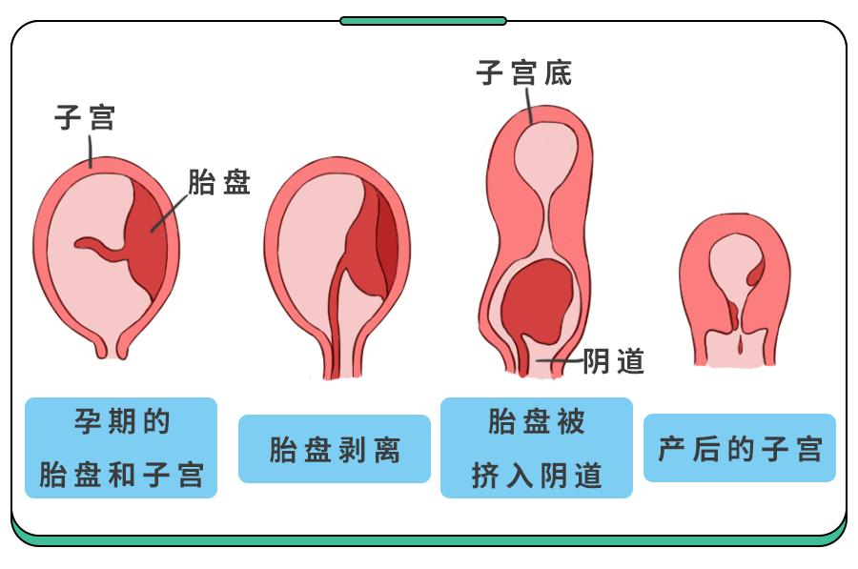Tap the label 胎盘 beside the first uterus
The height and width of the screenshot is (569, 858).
pyautogui.click(x=219, y=183)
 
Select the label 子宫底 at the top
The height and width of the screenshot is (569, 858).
pyautogui.click(x=523, y=73)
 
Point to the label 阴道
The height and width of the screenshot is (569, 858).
pyautogui.click(x=614, y=362)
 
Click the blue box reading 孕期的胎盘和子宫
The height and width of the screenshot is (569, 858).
pyautogui.click(x=121, y=447)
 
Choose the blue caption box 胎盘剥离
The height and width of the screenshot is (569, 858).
pyautogui.click(x=334, y=449)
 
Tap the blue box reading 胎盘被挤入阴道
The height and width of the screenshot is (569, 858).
pyautogui.click(x=537, y=447)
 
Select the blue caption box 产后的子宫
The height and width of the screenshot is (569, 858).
pyautogui.click(x=740, y=448)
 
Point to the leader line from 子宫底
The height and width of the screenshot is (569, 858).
pyautogui.click(x=528, y=106)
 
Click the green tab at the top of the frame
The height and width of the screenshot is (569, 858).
pyautogui.click(x=423, y=20)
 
